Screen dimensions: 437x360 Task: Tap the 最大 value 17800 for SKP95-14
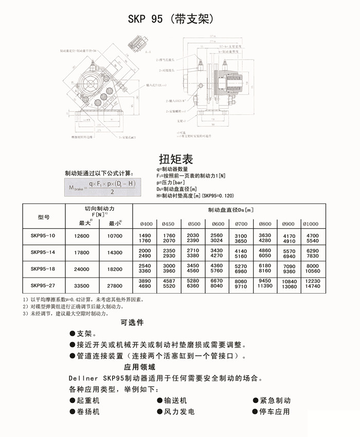pyautogui.click(x=82, y=252)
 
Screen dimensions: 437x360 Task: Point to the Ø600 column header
pyautogui.click(x=219, y=224)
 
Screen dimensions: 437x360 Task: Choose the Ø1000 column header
pyautogui.click(x=311, y=224)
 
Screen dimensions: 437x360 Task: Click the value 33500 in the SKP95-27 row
pyautogui.click(x=82, y=285)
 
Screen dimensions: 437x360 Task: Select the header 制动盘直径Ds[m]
pyautogui.click(x=231, y=210)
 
